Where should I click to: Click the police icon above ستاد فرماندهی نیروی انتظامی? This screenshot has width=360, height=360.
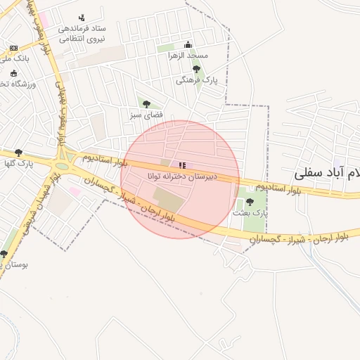click(x=82, y=18)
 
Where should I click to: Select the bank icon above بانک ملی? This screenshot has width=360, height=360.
click(x=13, y=48)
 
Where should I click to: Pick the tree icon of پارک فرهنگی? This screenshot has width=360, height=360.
click(x=196, y=69)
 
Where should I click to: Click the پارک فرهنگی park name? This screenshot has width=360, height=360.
click(x=198, y=81)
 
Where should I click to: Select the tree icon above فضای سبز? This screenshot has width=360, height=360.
click(x=146, y=104)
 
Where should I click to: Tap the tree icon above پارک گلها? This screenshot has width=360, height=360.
click(x=18, y=153)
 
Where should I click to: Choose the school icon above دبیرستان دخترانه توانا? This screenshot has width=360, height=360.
click(x=183, y=165)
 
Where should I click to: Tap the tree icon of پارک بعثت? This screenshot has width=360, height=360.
click(x=250, y=202)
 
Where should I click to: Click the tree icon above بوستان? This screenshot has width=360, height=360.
click(x=4, y=254)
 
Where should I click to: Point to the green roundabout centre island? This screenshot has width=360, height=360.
click(x=64, y=167)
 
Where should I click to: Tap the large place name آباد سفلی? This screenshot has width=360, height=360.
click(x=327, y=171)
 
